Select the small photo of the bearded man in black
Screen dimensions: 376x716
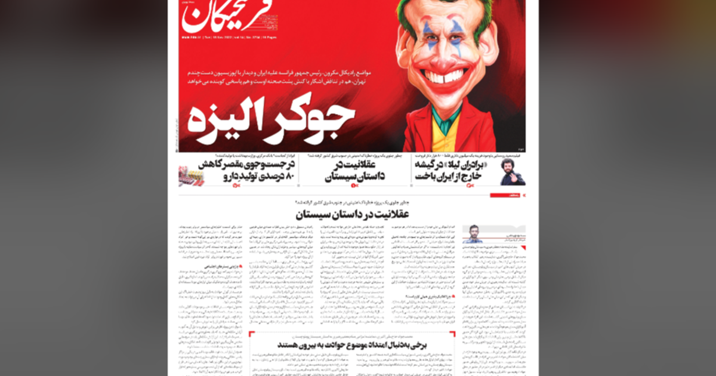(x=513, y=173)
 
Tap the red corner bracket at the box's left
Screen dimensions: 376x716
(x=251, y=334)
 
